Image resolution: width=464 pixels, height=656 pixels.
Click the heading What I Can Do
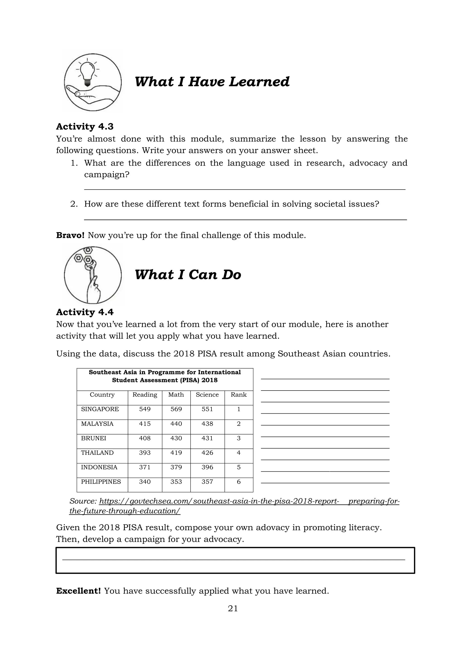[x=188, y=275]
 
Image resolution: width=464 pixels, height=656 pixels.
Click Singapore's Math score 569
[x=176, y=409]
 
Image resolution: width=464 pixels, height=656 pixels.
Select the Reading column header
[x=145, y=395]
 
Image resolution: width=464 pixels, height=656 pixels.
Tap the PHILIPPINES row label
[x=101, y=482]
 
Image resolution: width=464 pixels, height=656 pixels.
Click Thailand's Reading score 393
[x=145, y=453]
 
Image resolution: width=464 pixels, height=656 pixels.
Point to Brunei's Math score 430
[x=176, y=438]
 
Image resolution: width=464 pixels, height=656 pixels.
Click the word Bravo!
[x=70, y=235]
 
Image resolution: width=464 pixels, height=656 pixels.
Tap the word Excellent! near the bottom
[x=78, y=591]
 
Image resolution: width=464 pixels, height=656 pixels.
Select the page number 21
[x=233, y=609]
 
